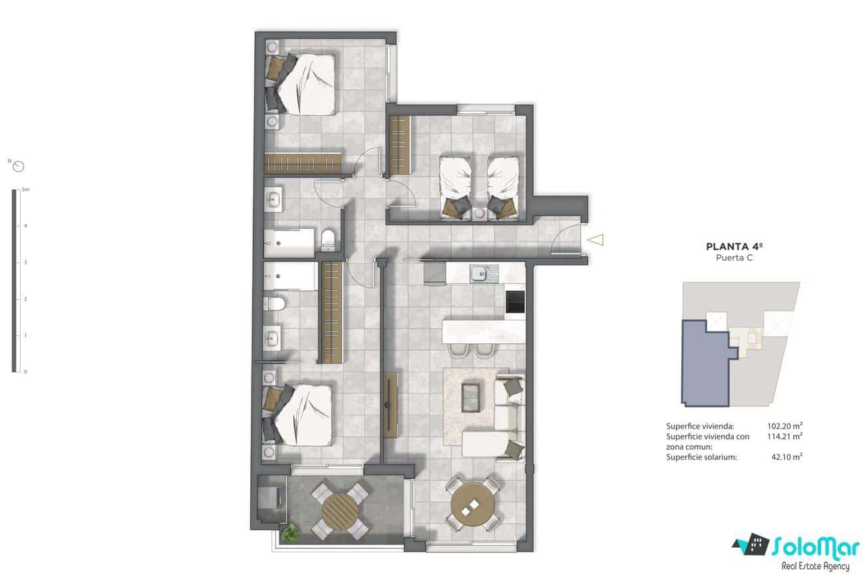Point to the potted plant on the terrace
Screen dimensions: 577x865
click(x=290, y=532)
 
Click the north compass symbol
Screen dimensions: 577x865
click(x=19, y=166)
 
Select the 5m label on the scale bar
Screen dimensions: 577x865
click(x=25, y=190)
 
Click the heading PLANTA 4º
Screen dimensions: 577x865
click(x=731, y=246)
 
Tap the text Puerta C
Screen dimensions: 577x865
click(x=731, y=258)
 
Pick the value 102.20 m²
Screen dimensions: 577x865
click(x=784, y=426)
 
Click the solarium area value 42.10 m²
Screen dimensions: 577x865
click(x=786, y=457)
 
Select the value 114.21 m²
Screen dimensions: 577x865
click(x=784, y=437)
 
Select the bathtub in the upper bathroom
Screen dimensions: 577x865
click(x=289, y=243)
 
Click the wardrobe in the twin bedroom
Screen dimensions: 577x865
click(x=399, y=144)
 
